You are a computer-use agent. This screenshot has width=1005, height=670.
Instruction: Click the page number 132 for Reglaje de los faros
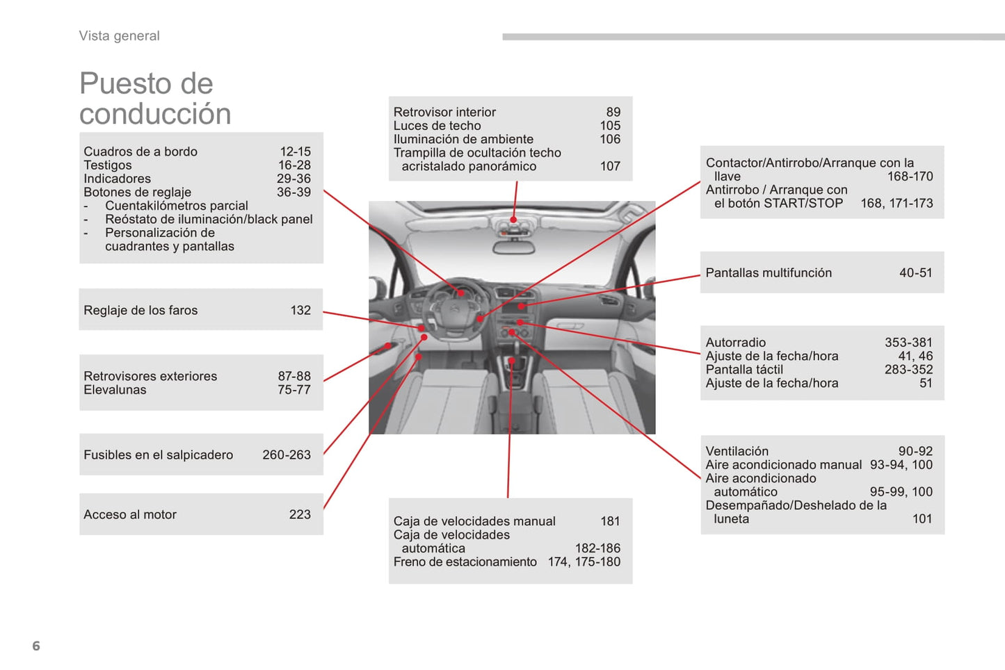click(x=300, y=310)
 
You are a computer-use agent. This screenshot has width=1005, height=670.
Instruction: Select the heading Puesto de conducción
click(x=155, y=99)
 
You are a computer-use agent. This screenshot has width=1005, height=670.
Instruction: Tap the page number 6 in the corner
click(x=36, y=646)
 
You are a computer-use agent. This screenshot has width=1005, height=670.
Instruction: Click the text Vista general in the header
click(x=119, y=36)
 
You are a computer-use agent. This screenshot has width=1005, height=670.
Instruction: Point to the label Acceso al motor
click(x=130, y=514)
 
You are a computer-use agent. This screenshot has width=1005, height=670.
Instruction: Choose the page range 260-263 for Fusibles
click(x=287, y=455)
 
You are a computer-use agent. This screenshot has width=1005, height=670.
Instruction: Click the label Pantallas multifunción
click(x=769, y=272)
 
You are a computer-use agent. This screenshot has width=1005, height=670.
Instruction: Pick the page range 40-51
click(x=915, y=272)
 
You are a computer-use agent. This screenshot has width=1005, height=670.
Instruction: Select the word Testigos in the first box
click(x=108, y=165)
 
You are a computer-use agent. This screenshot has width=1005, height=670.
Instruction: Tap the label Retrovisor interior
click(x=444, y=112)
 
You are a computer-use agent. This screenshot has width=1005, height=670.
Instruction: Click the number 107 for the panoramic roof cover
click(x=610, y=166)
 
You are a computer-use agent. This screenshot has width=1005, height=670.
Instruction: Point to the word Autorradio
click(x=736, y=342)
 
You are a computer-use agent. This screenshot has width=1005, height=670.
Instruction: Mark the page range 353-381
click(x=908, y=342)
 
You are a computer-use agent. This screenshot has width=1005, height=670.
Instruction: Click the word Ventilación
click(x=737, y=451)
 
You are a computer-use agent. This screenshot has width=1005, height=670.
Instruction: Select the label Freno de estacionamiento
click(x=465, y=562)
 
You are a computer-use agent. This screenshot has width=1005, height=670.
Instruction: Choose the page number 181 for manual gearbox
click(x=610, y=521)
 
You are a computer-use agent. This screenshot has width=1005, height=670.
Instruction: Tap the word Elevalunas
click(x=115, y=390)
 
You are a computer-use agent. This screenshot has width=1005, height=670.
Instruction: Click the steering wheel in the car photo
click(x=456, y=309)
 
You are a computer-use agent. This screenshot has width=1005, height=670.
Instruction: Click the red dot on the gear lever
click(x=512, y=361)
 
